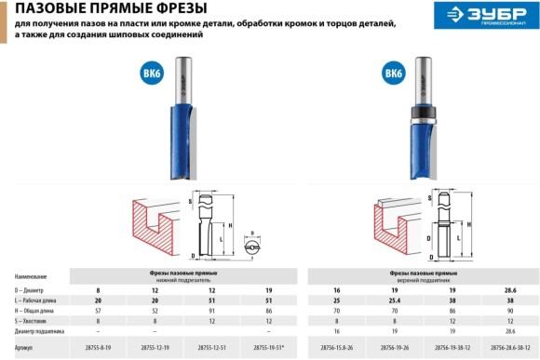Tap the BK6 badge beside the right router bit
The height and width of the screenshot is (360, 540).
pyautogui.click(x=393, y=73)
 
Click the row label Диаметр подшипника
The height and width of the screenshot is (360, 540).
pyautogui.click(x=43, y=329)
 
